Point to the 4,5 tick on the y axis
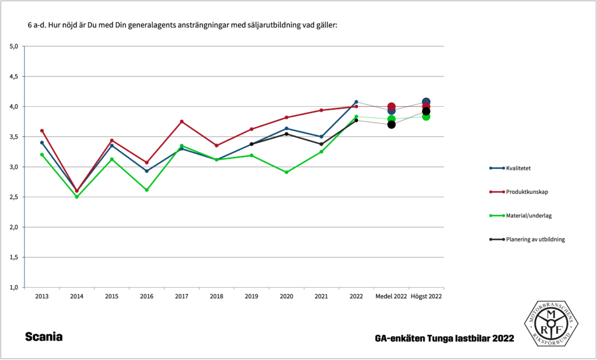pyautogui.click(x=13, y=76)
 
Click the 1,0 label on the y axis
pyautogui.click(x=13, y=288)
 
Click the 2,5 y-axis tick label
pyautogui.click(x=13, y=197)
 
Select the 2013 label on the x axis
pyautogui.click(x=42, y=296)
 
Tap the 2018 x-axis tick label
pyautogui.click(x=216, y=296)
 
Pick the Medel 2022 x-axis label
pyautogui.click(x=391, y=296)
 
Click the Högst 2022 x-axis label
pyautogui.click(x=426, y=296)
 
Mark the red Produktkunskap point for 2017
pyautogui.click(x=182, y=121)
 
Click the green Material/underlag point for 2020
pyautogui.click(x=286, y=172)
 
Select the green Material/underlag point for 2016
pyautogui.click(x=147, y=190)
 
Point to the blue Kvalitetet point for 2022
pyautogui.click(x=356, y=102)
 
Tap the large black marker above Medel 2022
pyautogui.click(x=391, y=124)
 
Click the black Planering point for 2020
pyautogui.click(x=286, y=134)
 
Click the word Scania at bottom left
pyautogui.click(x=44, y=337)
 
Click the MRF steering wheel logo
pyautogui.click(x=551, y=323)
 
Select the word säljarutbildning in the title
pyautogui.click(x=266, y=26)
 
